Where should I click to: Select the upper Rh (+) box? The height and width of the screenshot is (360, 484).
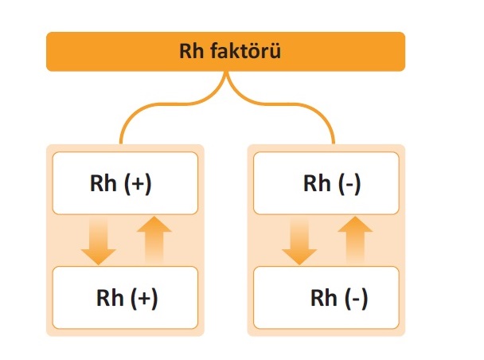[125, 183]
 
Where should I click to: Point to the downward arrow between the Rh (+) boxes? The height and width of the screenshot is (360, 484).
[98, 242]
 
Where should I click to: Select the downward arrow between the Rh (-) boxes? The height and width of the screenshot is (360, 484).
[299, 242]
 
